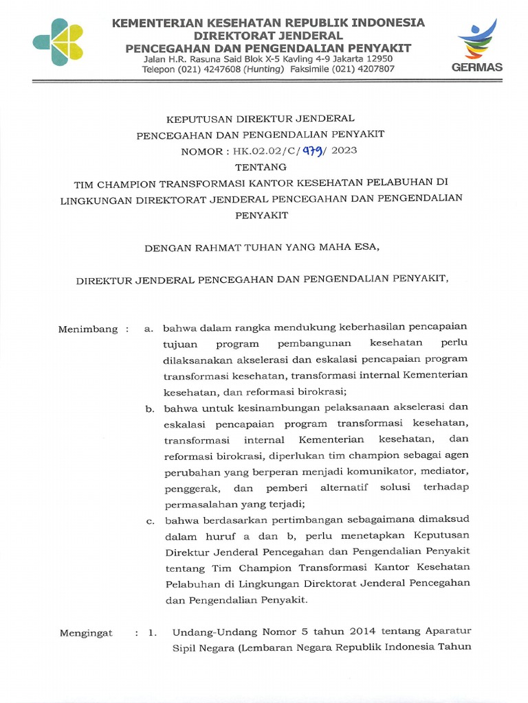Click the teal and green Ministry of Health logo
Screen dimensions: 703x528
(x=58, y=41)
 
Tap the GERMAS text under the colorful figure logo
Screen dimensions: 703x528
(x=477, y=67)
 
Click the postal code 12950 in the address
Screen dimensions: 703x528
(x=377, y=58)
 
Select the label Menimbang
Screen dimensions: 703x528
(x=88, y=329)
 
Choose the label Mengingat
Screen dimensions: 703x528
(x=86, y=633)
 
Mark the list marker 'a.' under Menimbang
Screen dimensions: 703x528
(x=148, y=329)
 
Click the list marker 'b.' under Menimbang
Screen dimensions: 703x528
(x=149, y=409)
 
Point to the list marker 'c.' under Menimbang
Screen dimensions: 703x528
(x=149, y=522)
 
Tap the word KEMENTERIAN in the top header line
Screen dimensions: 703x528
(x=159, y=23)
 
